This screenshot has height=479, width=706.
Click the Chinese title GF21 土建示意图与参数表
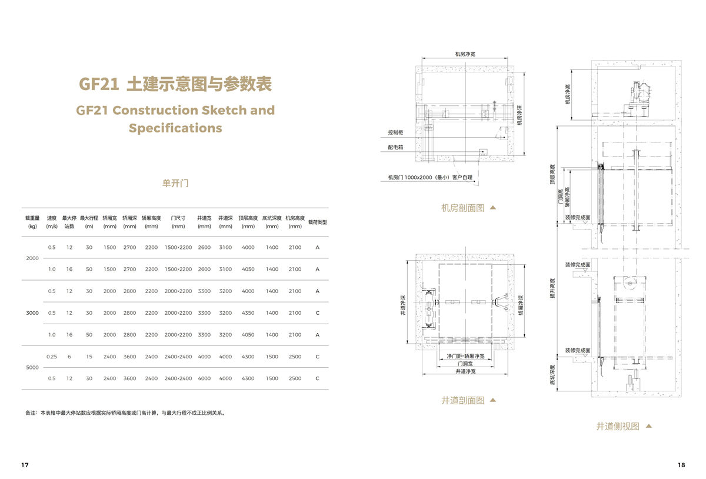tap(175, 85)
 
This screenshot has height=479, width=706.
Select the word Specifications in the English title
tap(175, 128)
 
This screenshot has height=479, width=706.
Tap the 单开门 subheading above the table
tap(175, 183)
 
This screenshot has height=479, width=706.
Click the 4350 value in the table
tap(248, 313)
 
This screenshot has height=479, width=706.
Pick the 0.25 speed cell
tap(52, 357)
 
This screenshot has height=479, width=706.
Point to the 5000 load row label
tap(32, 368)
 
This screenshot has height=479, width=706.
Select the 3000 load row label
tap(32, 313)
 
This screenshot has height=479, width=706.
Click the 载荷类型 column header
tap(318, 222)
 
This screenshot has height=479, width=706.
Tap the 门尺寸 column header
tap(178, 218)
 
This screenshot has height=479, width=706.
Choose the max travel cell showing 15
tap(89, 357)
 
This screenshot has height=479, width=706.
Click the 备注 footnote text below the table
tap(125, 413)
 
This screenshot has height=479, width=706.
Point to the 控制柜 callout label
tap(395, 132)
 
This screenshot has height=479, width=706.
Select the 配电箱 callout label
tap(395, 148)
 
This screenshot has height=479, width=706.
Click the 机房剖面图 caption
tap(463, 208)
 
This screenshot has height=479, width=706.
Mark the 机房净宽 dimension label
tap(465, 54)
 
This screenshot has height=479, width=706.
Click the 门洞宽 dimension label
tap(465, 364)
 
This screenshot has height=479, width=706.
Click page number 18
tap(681, 465)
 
